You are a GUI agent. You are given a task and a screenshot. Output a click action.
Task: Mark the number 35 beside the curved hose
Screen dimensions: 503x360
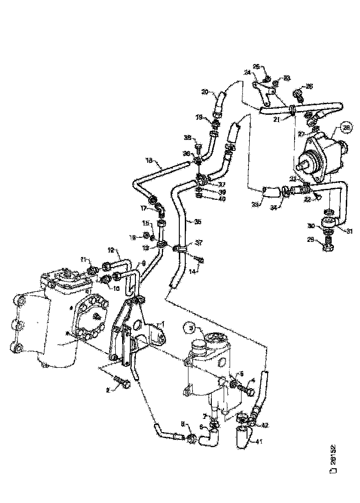[198, 222]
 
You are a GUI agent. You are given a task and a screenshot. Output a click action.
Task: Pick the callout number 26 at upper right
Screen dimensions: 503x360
[310, 86]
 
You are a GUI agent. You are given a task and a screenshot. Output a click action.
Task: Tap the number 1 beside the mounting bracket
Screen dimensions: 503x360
[161, 323]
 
